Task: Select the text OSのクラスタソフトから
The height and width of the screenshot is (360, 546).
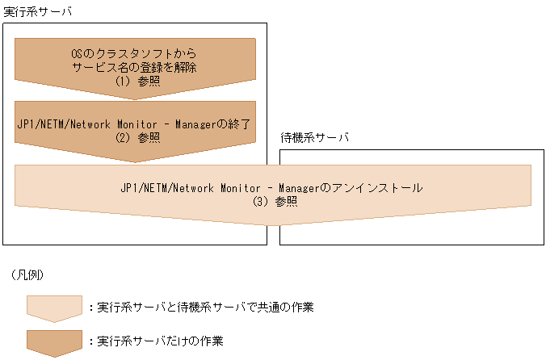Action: point(134,53)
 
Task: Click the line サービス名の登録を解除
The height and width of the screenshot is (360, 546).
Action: point(134,67)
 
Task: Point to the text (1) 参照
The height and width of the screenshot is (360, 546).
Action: point(134,81)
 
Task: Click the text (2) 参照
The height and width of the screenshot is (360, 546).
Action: point(134,137)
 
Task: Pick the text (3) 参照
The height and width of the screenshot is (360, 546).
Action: point(272,202)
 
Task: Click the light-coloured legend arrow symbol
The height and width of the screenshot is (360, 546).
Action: point(55,307)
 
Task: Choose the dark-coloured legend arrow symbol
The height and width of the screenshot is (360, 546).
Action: point(55,342)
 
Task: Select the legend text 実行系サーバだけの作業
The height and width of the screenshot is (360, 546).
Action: point(160,340)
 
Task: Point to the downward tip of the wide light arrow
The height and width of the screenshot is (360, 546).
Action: point(272,224)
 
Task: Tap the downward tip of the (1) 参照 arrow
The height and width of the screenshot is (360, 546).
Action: point(135,97)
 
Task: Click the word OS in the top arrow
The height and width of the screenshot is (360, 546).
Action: point(78,53)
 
